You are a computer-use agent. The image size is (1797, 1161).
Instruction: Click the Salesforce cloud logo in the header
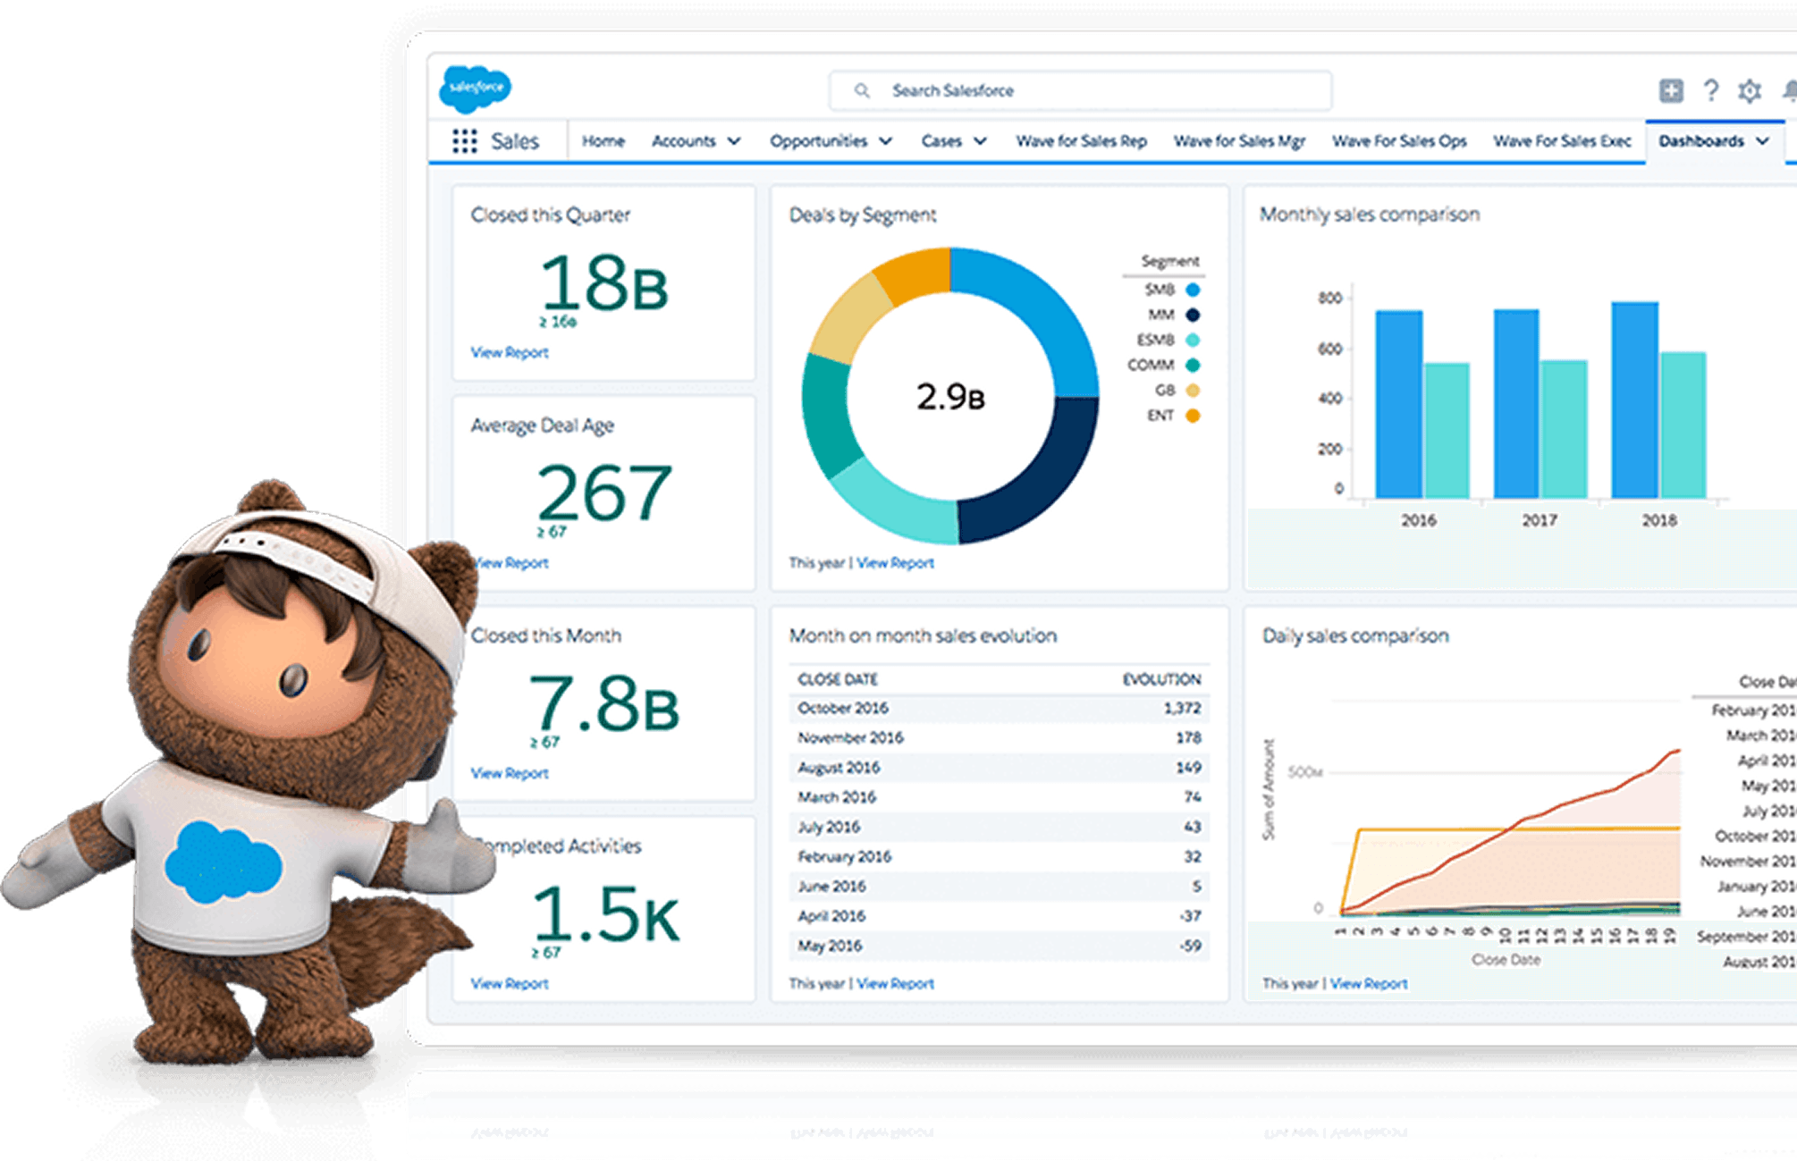(475, 88)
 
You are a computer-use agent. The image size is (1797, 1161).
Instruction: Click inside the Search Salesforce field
(1079, 91)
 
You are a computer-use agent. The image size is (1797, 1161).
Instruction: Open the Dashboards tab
(1701, 141)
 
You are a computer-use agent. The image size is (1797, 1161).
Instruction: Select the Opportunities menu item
(819, 141)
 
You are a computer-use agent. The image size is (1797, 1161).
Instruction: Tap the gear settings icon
(1749, 91)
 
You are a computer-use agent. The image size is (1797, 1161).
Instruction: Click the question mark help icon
(1710, 90)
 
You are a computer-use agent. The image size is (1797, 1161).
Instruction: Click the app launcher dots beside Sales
(464, 141)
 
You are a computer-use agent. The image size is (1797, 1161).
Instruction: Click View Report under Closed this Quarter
(509, 353)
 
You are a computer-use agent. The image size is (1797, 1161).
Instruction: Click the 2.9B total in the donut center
(949, 397)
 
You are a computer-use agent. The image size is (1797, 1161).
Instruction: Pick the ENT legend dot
(1192, 416)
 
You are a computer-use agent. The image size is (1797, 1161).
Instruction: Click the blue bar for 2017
(1515, 404)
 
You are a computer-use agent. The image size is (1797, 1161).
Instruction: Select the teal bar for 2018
(1683, 425)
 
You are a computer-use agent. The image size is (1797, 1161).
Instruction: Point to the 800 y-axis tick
(1329, 298)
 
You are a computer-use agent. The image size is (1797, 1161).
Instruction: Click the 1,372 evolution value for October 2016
(1182, 708)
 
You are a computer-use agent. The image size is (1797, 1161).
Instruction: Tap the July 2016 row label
(829, 827)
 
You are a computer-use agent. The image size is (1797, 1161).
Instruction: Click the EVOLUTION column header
(1161, 680)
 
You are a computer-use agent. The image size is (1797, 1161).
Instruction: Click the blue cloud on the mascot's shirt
(223, 863)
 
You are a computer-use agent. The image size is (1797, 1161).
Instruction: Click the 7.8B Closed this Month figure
(603, 704)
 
